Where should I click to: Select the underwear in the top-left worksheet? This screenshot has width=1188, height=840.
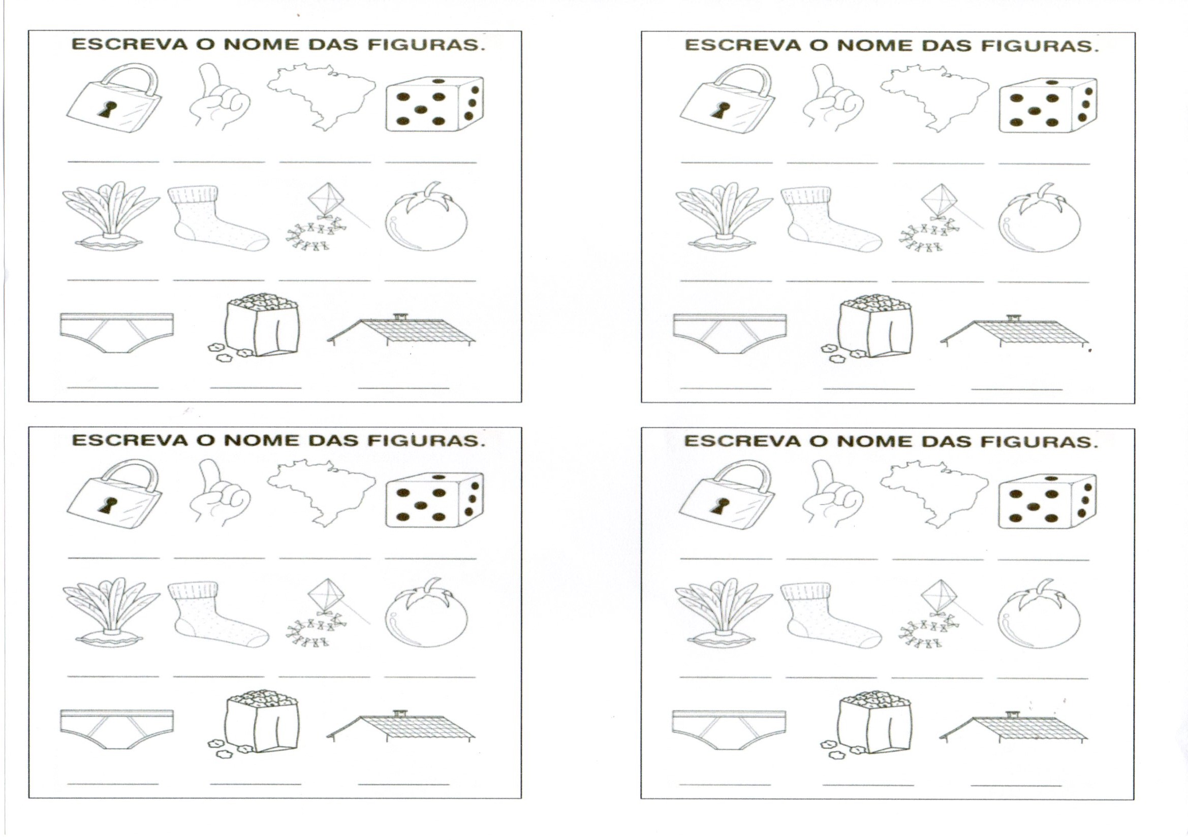pos(117,333)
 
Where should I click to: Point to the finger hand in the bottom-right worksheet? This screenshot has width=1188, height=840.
pos(832,494)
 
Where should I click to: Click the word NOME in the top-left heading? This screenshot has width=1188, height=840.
pos(261,45)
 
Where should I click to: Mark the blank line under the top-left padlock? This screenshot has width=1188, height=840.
pos(113,162)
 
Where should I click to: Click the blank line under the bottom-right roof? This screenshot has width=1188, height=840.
pos(1016,785)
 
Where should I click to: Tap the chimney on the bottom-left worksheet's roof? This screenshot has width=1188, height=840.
pos(398,713)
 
